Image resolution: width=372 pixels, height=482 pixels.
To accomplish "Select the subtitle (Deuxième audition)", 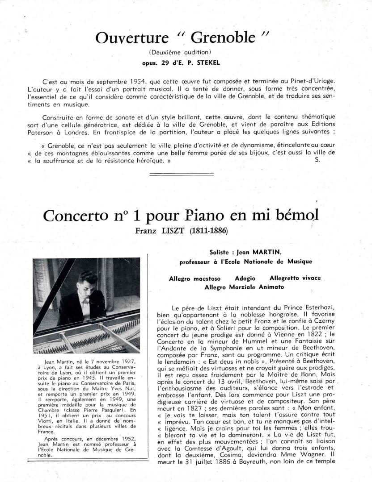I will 186,52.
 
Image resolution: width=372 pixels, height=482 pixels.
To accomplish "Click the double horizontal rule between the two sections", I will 186,175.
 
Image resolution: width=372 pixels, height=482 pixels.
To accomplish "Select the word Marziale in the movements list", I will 241,287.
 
